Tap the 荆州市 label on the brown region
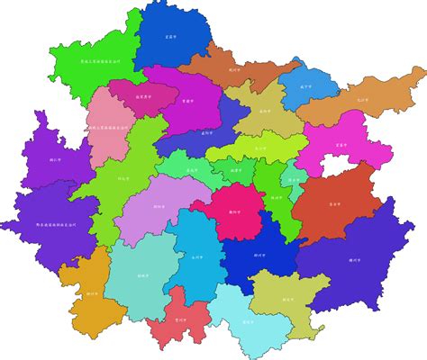pos(236,67)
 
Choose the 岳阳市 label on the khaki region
pos(263,112)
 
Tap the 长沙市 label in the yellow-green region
pos(259,148)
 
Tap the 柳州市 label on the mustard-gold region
pos(92,293)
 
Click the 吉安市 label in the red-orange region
pos(334,204)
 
